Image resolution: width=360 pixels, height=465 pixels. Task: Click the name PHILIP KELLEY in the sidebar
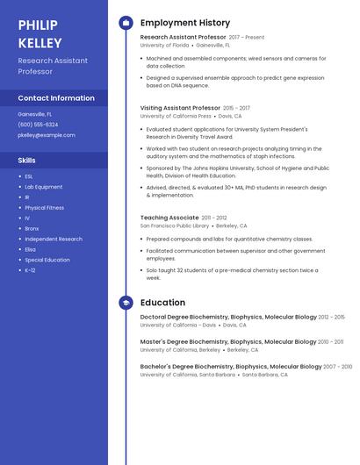40,33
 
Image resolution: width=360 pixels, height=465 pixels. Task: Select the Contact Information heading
56,98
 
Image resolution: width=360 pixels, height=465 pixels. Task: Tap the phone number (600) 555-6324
38,125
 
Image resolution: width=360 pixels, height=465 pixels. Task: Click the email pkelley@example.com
47,135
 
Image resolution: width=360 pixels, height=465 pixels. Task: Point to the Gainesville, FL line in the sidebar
34,114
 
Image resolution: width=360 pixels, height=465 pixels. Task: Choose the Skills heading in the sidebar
26,161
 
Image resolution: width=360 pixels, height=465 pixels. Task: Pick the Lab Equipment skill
43,187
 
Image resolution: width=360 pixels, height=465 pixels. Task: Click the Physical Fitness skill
44,208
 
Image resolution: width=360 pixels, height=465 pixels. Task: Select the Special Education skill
47,260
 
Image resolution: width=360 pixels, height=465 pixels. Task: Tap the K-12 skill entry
30,270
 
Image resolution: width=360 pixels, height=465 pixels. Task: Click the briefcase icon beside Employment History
126,23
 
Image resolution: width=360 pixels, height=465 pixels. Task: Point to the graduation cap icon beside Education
126,303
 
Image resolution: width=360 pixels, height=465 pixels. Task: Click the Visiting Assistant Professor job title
180,108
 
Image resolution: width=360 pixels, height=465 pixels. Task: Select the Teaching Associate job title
169,218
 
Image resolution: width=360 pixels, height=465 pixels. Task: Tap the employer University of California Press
176,116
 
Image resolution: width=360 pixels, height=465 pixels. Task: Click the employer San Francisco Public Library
175,225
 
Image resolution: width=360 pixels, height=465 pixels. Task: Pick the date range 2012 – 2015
331,317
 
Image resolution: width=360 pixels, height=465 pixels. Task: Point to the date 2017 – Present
247,38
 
